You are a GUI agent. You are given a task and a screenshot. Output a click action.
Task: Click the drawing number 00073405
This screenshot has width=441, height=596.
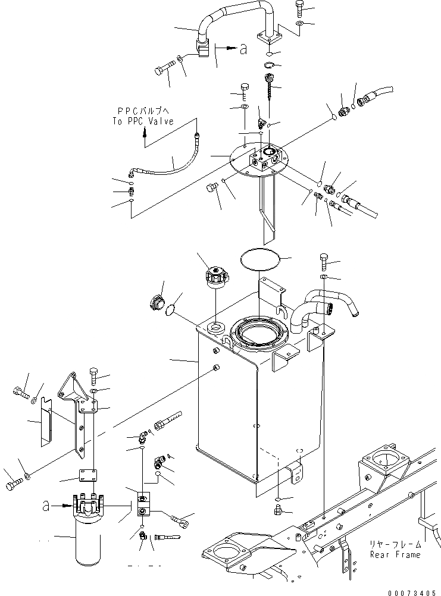click(411, 591)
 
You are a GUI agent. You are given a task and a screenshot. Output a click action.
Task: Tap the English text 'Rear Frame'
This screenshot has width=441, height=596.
click(395, 554)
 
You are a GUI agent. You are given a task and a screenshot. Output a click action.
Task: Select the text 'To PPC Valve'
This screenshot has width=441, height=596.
click(143, 121)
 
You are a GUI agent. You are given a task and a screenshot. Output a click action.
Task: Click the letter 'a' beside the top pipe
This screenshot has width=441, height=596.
click(243, 50)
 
